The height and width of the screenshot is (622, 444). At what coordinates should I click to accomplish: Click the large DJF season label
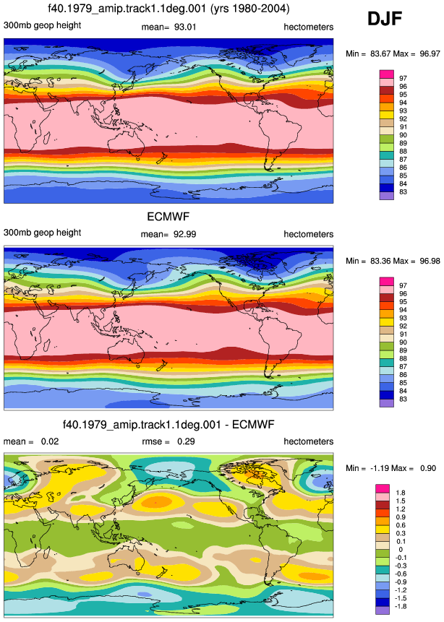click(385, 19)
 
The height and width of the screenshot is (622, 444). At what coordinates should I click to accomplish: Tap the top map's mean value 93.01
click(185, 27)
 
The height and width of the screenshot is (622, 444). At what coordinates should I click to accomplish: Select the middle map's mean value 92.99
click(184, 234)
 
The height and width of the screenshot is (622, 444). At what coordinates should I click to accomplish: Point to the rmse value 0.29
click(186, 441)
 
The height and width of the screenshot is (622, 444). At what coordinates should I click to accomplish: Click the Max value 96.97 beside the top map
click(430, 53)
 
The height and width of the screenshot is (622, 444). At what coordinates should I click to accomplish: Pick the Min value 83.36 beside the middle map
click(380, 261)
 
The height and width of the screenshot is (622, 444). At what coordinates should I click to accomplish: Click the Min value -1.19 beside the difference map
click(378, 468)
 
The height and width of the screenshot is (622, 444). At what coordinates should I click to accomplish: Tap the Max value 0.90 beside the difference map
click(428, 468)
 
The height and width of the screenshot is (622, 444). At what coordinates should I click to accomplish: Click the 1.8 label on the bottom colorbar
click(401, 493)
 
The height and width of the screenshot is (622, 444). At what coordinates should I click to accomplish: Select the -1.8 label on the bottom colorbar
click(401, 606)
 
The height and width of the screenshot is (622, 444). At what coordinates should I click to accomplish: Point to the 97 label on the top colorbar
click(403, 78)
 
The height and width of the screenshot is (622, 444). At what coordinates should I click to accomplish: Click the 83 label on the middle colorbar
click(403, 399)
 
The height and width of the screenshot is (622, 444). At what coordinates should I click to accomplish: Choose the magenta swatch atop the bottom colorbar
click(382, 488)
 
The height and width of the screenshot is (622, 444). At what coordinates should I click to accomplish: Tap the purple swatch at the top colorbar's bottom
click(387, 196)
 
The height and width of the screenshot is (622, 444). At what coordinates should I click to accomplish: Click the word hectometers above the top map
click(309, 27)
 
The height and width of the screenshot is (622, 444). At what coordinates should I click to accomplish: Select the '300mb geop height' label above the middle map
click(42, 233)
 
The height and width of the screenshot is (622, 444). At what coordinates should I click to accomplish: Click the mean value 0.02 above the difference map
click(50, 441)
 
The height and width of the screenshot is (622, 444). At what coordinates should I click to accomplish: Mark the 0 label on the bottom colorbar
click(401, 550)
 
